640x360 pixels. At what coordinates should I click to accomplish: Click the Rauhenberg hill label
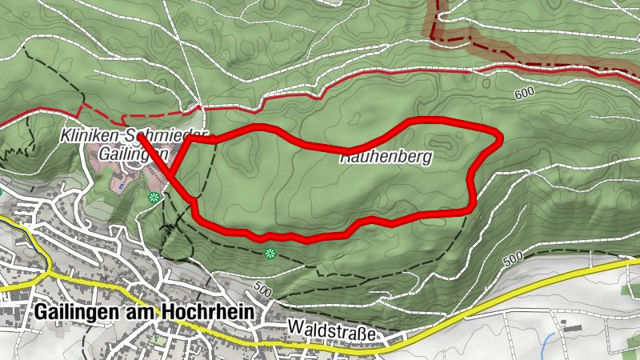(386, 158)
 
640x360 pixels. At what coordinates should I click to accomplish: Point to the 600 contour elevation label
(525, 93)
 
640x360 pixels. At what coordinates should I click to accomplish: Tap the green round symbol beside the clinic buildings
(154, 197)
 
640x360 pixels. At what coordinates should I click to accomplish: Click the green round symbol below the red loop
(269, 254)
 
